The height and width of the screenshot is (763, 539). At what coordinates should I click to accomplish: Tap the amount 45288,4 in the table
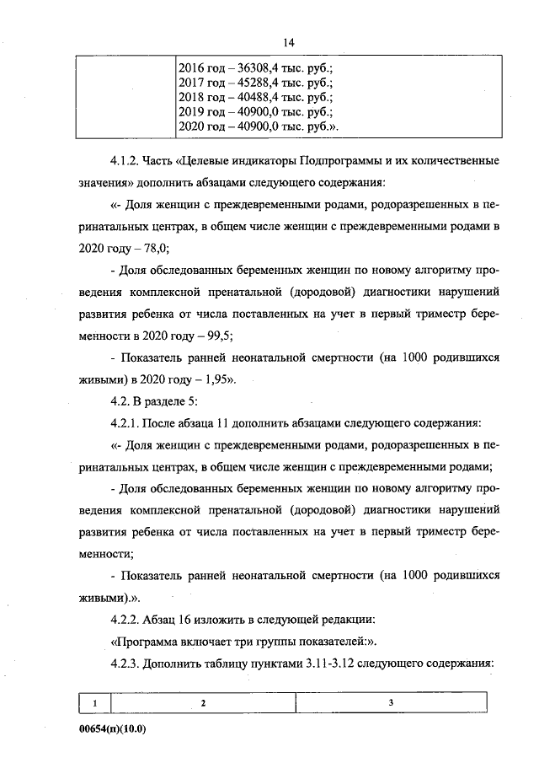point(253,83)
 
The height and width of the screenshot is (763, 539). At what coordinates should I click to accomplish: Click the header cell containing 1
point(95,702)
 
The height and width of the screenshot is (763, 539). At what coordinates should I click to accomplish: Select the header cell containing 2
point(203,702)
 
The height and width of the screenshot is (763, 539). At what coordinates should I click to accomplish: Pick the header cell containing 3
point(391,702)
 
